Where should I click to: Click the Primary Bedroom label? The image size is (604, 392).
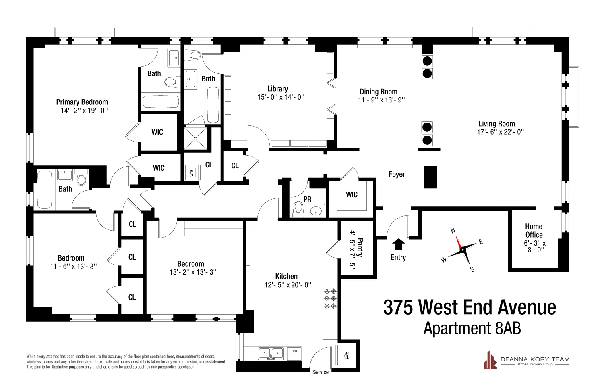82,102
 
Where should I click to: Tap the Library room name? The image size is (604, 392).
277,89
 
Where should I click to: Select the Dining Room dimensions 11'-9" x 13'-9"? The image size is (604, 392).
381,100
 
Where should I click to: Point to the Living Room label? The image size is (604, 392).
496,124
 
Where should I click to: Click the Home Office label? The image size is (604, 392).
534,231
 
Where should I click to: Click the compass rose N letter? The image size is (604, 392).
453,231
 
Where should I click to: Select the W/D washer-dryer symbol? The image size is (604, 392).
190,173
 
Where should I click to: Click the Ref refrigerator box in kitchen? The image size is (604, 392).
346,355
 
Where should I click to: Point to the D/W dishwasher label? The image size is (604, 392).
294,351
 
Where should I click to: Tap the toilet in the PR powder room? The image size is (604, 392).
298,209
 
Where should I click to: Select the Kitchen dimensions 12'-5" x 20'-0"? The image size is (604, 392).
286,285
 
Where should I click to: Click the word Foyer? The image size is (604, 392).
397,174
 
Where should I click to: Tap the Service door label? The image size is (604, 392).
321,372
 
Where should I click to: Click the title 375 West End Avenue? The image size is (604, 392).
470,307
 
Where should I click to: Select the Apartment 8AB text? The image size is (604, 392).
472,329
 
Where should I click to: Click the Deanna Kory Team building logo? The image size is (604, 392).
490,359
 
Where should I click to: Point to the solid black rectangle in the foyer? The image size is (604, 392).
430,177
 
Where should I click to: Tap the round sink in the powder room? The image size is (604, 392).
316,211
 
